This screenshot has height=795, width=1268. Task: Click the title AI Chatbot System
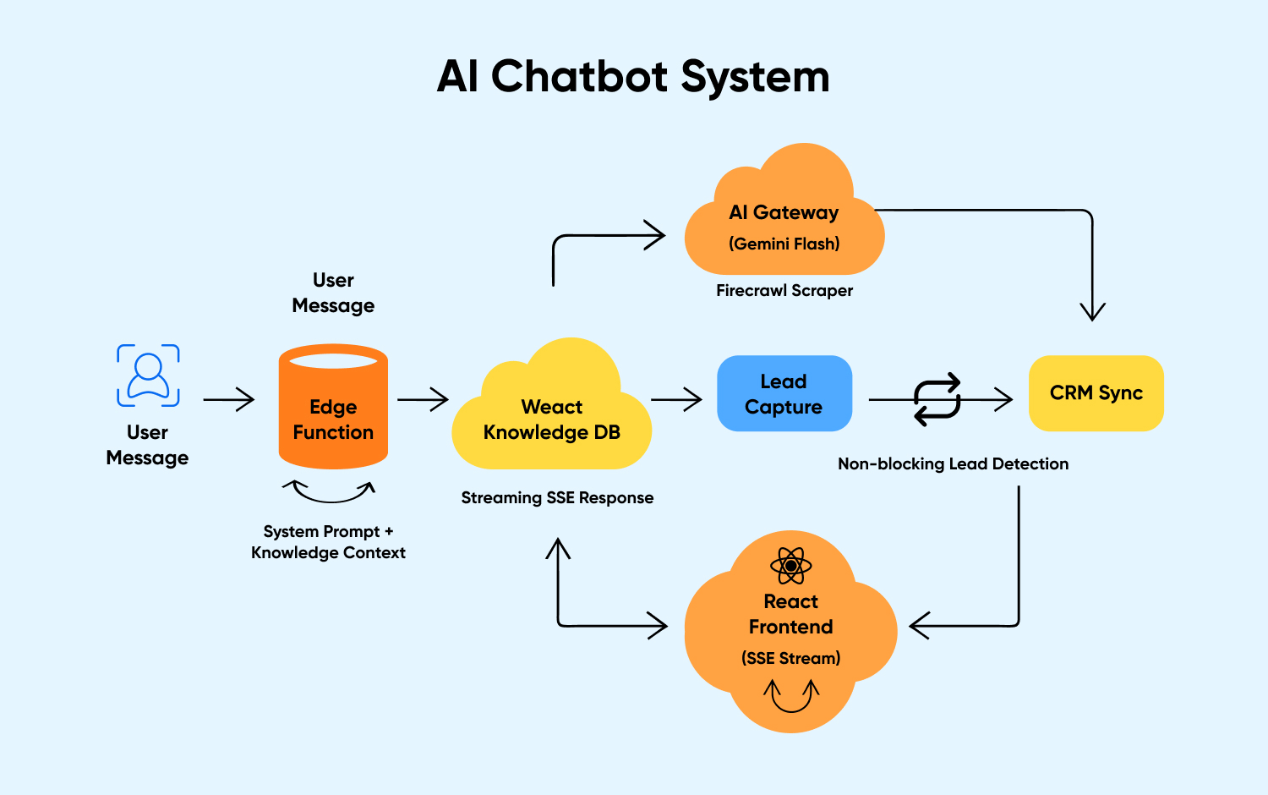[x=633, y=76]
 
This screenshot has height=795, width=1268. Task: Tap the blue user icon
[x=148, y=376]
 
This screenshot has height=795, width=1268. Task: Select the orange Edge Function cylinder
[x=333, y=407]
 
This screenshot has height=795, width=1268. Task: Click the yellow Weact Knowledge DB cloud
[x=552, y=414]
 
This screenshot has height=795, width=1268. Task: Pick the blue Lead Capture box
[x=784, y=394]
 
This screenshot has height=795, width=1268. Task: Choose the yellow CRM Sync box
[x=1096, y=393]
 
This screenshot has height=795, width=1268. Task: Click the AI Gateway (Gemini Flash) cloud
[x=784, y=220]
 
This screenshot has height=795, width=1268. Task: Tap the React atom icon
[x=791, y=566]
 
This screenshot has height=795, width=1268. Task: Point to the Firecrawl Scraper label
[x=784, y=291]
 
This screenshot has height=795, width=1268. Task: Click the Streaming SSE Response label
[x=557, y=498]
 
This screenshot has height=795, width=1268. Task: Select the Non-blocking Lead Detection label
[x=953, y=464]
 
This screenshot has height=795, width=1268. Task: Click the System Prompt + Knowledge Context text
[x=328, y=542]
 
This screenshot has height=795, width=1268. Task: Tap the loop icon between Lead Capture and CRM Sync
[x=937, y=399]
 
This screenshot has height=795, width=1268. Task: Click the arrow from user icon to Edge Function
[x=229, y=399]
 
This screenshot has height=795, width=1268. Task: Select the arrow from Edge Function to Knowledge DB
[x=423, y=399]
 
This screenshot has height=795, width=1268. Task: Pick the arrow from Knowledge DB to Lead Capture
[x=676, y=399]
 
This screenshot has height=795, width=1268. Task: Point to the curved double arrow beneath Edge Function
[x=329, y=491]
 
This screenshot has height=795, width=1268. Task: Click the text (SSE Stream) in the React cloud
[x=791, y=659]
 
